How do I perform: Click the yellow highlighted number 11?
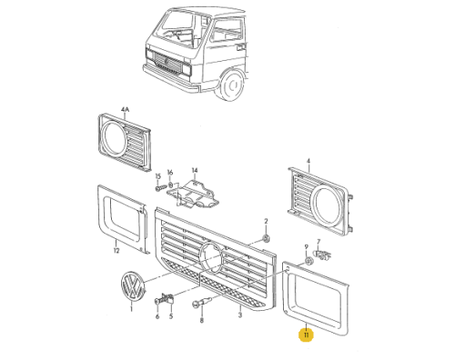(306, 335)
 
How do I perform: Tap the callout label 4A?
(125, 109)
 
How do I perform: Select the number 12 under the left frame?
(116, 251)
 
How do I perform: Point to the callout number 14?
(195, 170)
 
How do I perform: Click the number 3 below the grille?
(240, 315)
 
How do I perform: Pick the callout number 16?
(170, 173)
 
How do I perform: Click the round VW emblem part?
(133, 286)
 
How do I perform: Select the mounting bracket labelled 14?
(194, 194)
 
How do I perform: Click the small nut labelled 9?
(308, 261)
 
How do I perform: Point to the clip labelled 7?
(322, 255)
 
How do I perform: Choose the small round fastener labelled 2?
(266, 238)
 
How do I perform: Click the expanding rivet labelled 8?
(201, 302)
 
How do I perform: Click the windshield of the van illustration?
(176, 30)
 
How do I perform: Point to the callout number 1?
(131, 309)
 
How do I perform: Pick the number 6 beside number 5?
(157, 316)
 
